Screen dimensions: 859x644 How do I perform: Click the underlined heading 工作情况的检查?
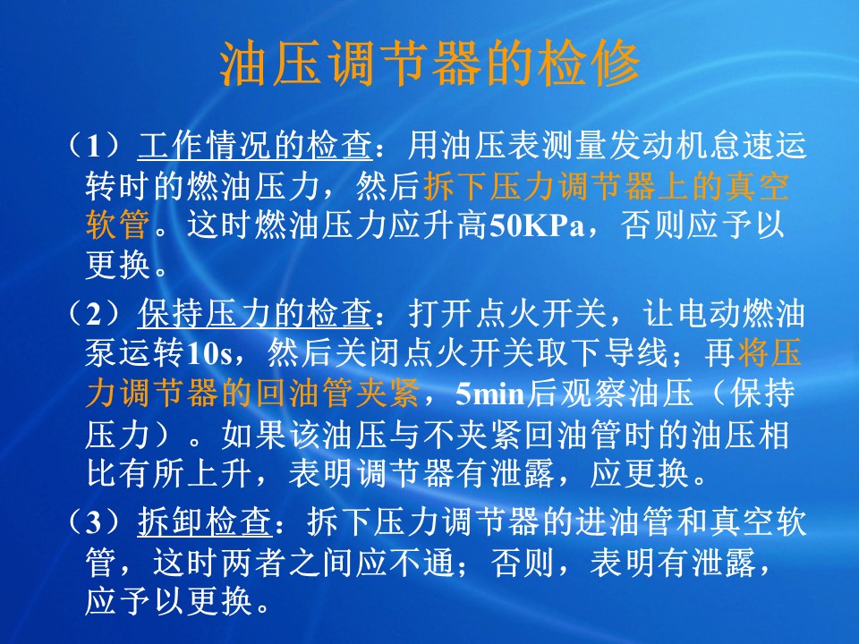(x=255, y=146)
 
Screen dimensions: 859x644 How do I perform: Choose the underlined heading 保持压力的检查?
(x=255, y=314)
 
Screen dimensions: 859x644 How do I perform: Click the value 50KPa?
(x=537, y=225)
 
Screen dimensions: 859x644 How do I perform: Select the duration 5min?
(x=489, y=394)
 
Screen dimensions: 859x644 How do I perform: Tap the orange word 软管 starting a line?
(x=118, y=225)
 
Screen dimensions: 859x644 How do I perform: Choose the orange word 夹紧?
(x=387, y=394)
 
